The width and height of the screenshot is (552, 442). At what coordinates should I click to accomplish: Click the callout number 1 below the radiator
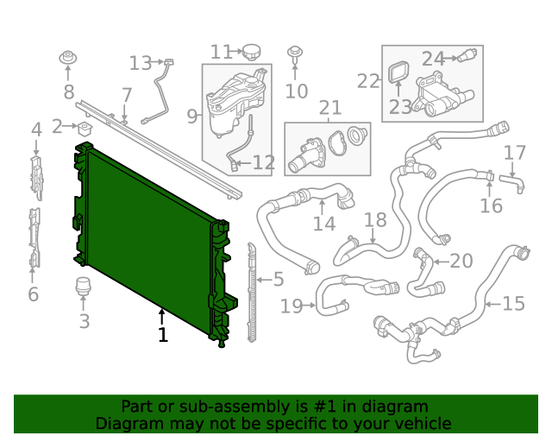162,334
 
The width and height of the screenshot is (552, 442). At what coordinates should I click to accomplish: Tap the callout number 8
69,92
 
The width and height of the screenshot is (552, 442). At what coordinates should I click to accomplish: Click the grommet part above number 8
68,60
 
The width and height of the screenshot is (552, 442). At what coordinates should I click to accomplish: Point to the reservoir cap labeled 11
251,51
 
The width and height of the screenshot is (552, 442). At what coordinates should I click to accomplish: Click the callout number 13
140,63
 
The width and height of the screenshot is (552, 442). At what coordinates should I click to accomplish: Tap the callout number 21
329,109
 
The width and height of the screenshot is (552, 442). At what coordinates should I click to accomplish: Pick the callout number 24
433,59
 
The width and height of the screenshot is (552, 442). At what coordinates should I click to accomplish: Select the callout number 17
514,153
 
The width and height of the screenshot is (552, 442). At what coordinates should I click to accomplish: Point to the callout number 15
514,304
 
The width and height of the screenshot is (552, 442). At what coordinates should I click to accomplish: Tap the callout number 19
292,305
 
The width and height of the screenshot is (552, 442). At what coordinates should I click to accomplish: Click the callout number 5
278,279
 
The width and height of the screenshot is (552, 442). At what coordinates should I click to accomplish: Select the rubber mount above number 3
84,287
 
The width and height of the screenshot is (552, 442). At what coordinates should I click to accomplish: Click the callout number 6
33,294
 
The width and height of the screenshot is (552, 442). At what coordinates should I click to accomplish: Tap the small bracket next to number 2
85,129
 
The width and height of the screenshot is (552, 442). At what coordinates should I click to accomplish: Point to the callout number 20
461,261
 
